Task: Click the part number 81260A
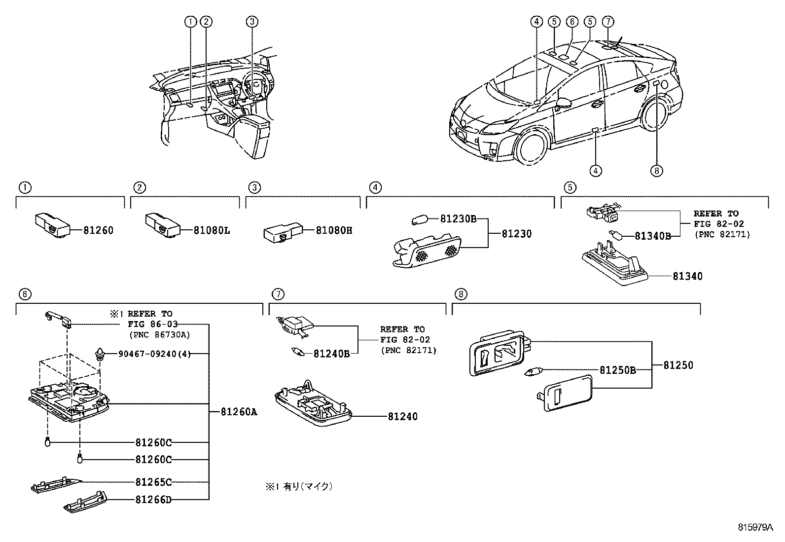[x=239, y=412]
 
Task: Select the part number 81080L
[x=212, y=230]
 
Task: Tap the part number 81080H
[x=334, y=230]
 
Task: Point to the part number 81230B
[x=458, y=219]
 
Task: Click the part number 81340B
[x=652, y=236]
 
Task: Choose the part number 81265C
[x=153, y=482]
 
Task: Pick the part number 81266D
[x=153, y=500]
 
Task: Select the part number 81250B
[x=617, y=370]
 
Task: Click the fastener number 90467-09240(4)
[x=154, y=354]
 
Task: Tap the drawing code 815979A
[x=755, y=527]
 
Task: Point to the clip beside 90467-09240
[x=100, y=355]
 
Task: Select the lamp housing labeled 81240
[x=313, y=403]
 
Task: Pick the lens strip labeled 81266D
[x=85, y=502]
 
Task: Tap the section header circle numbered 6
[x=25, y=294]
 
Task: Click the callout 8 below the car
[x=656, y=171]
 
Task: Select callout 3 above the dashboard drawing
[x=251, y=22]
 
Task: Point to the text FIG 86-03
[x=153, y=325]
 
